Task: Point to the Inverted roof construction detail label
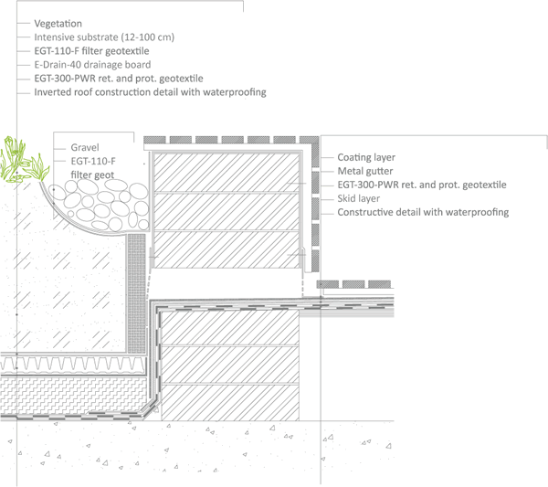[149, 92]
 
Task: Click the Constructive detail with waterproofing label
[423, 212]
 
